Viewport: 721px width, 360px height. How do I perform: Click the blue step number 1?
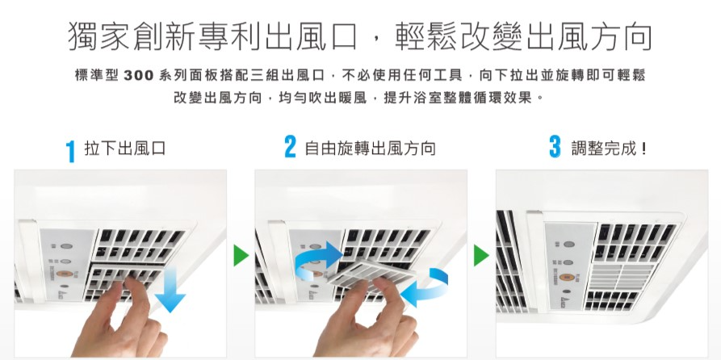[70, 151]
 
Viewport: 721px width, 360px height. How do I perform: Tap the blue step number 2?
[290, 147]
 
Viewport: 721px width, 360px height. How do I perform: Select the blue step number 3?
[555, 147]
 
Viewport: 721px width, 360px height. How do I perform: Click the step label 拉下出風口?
[124, 149]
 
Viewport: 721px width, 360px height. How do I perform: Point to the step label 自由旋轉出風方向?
[370, 149]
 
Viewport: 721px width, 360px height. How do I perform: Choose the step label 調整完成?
[609, 149]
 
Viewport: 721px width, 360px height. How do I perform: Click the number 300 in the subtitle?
[138, 76]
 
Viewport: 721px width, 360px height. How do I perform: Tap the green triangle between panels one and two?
[241, 256]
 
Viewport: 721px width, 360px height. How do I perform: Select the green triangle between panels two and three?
[481, 256]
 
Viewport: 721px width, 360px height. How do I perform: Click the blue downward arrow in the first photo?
[170, 290]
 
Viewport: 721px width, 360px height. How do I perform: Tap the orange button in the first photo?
[65, 274]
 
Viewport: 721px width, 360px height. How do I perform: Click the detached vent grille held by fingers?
[372, 277]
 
